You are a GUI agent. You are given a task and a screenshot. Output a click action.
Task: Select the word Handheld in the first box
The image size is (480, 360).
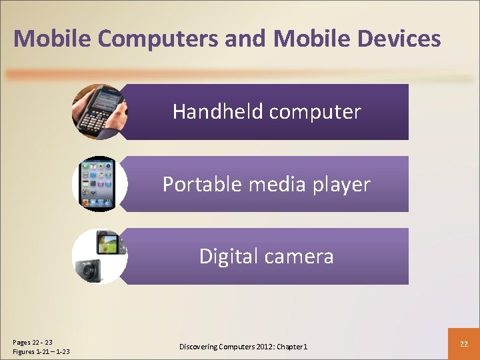click(x=217, y=111)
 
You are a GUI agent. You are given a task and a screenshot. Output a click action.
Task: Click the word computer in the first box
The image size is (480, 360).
click(x=314, y=111)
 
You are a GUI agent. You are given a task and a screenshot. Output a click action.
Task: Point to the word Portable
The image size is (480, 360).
click(x=203, y=184)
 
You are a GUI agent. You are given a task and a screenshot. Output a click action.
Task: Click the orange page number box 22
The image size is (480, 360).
click(x=463, y=343)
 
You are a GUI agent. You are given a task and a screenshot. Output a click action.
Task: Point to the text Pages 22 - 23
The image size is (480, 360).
click(x=33, y=342)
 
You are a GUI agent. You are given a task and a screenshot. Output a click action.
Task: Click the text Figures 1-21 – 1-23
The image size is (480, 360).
click(x=41, y=351)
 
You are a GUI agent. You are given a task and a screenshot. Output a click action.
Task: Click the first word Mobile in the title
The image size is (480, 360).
click(x=52, y=39)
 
